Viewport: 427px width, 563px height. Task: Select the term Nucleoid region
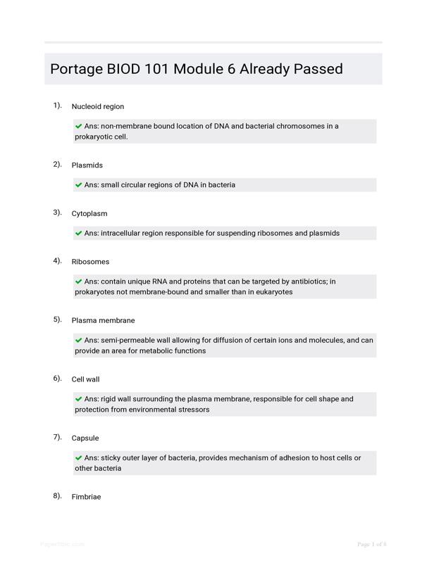coord(97,107)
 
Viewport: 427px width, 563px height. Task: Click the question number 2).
coord(57,165)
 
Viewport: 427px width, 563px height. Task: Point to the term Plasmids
coord(87,165)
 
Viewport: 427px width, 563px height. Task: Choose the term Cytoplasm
coord(89,213)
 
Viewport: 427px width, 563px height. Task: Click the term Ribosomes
coord(90,262)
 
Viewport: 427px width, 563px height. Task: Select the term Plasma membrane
coord(103,320)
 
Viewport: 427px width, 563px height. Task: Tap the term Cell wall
coord(85,379)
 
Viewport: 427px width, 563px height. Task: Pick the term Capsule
coord(85,438)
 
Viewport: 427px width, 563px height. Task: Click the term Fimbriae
coord(86,497)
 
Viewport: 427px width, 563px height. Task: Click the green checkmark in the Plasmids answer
coord(78,185)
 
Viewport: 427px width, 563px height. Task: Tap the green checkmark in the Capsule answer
coord(78,457)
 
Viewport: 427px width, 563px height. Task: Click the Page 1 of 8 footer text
coord(371,544)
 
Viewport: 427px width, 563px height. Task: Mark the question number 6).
coord(57,379)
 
